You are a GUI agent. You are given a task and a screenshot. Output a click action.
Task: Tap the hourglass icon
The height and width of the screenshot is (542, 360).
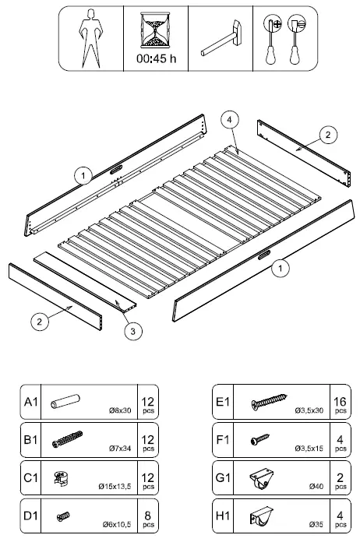[155, 30]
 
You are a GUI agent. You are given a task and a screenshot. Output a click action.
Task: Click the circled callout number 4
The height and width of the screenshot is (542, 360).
[228, 120]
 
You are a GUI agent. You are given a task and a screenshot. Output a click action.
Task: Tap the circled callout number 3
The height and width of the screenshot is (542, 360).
[133, 331]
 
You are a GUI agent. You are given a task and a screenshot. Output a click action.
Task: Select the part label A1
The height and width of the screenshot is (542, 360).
[31, 403]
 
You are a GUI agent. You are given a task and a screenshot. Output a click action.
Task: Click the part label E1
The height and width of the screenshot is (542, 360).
[224, 403]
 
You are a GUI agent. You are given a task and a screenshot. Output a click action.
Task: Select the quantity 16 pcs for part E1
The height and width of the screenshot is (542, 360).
[340, 403]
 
